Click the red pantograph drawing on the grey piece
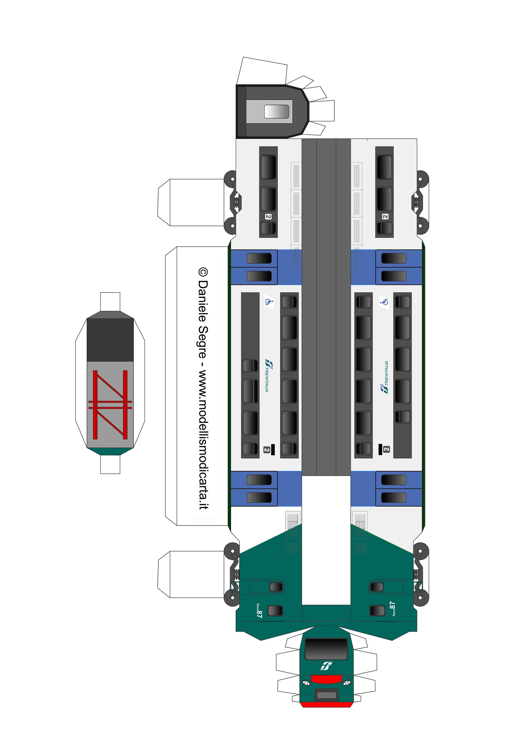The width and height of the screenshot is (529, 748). [x=110, y=405]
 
